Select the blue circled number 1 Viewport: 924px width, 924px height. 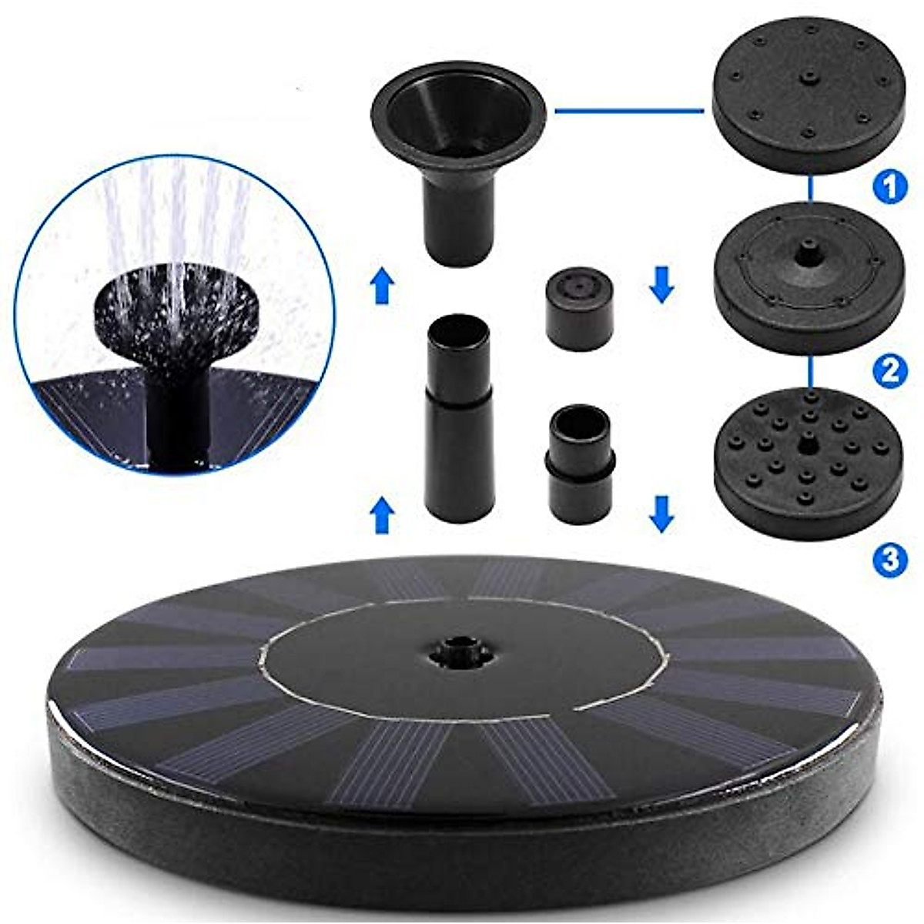click(x=889, y=187)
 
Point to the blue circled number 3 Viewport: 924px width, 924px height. click(x=889, y=559)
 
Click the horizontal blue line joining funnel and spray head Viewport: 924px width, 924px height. click(x=628, y=111)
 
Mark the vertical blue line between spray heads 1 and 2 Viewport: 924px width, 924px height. click(x=809, y=189)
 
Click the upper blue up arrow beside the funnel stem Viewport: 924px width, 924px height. click(x=382, y=286)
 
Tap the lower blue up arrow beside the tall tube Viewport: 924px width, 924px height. click(x=382, y=515)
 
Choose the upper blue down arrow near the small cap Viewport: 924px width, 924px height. click(x=661, y=284)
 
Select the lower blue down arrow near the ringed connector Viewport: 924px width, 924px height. click(x=661, y=514)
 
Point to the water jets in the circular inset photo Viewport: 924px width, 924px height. click(x=177, y=231)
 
